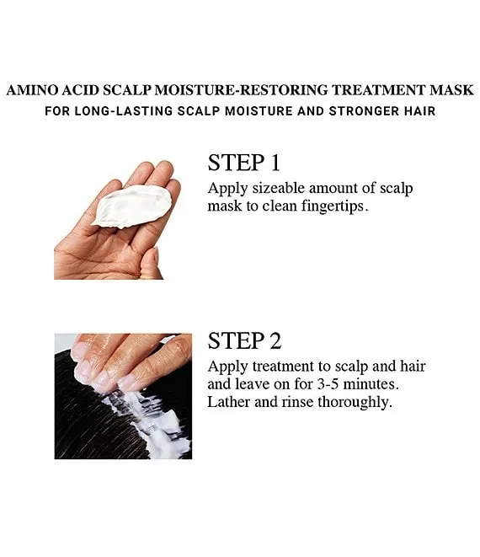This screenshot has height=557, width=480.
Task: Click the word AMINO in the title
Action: click(32, 90)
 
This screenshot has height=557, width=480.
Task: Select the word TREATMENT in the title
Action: click(379, 90)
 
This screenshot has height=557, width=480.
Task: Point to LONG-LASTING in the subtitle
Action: click(124, 111)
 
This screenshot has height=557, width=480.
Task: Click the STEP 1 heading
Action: click(244, 163)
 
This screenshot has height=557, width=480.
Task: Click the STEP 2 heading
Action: click(244, 341)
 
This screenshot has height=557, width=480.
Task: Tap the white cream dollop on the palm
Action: click(132, 206)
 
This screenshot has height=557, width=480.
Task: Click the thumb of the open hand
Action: click(149, 263)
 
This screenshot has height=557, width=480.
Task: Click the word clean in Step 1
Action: click(280, 206)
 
